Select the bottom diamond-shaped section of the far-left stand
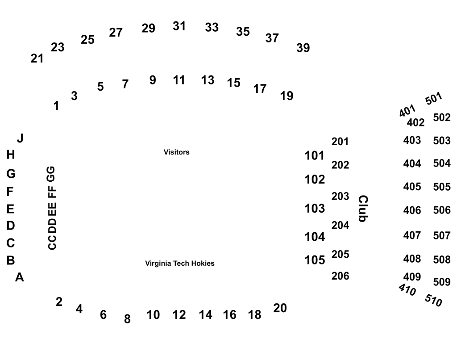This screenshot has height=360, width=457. coord(20,276)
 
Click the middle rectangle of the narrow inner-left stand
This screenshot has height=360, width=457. coord(52,208)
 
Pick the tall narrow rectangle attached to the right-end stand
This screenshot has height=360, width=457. coord(362,208)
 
